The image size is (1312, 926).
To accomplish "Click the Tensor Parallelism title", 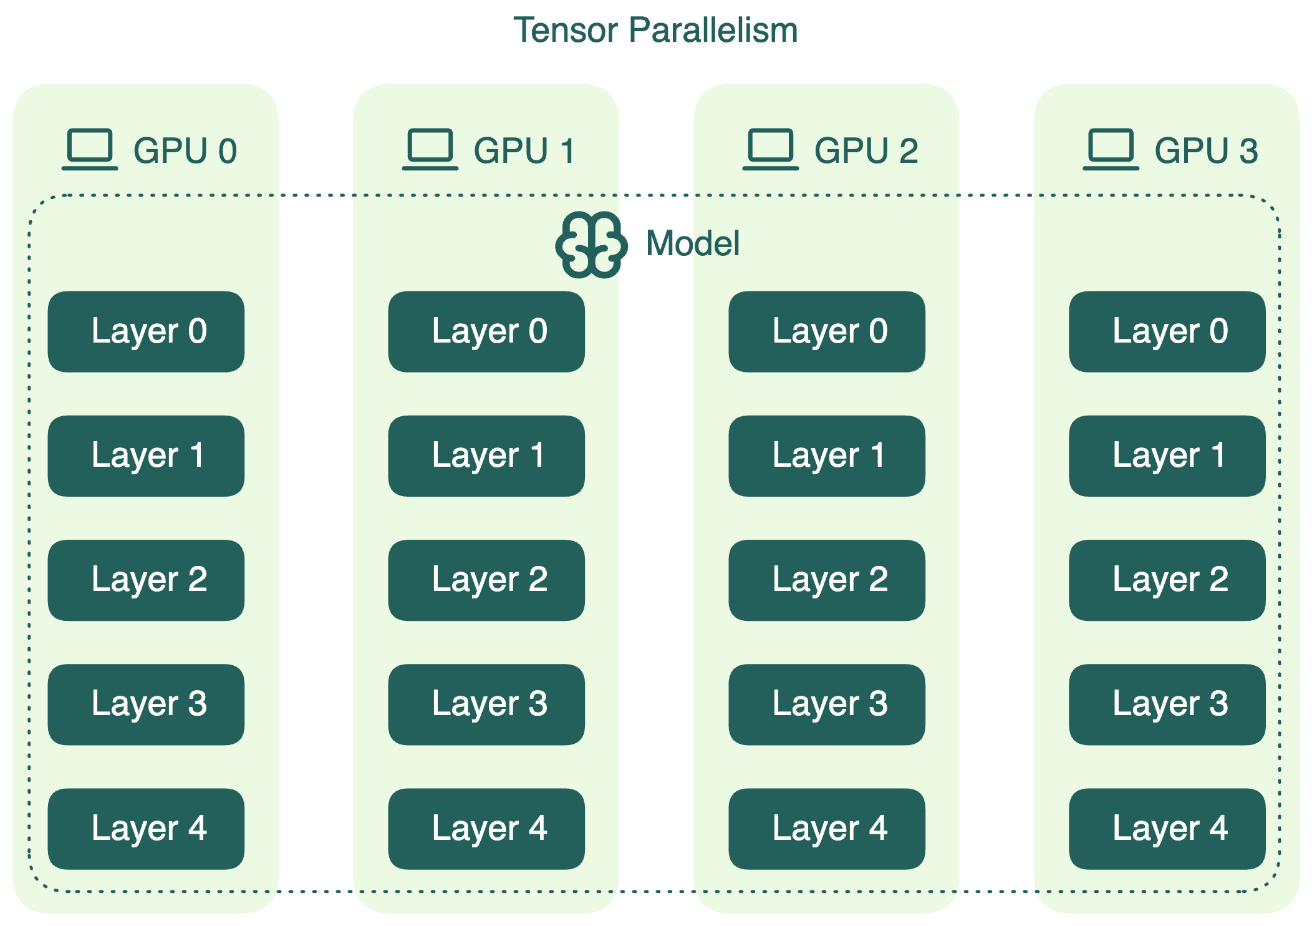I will pos(655,30).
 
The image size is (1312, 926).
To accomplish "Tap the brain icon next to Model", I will pos(591,245).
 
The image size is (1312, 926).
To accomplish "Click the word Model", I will pos(693,243).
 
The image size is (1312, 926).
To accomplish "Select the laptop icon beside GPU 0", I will pos(90,149).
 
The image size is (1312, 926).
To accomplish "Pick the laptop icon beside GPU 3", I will pos(1111,149).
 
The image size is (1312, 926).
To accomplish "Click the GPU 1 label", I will pos(524,151).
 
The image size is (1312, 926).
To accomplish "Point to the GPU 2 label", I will pos(866,151).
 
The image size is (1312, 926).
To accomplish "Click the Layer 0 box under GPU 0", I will pos(146,331).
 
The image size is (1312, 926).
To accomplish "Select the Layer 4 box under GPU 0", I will pos(146,829).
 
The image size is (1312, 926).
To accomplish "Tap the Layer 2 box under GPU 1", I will pos(486,580).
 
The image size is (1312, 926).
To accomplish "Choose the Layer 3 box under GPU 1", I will pos(486,704).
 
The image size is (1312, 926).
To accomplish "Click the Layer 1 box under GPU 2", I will pos(827,456).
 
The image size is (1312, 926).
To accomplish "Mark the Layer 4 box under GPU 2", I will pos(827,829).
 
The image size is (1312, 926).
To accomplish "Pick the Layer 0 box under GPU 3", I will pos(1167,331).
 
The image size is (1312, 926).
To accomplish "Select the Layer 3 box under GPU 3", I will pos(1167,704).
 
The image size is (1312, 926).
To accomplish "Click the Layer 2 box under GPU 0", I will pos(146,580).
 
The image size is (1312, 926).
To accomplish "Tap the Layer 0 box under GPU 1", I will pos(486,331).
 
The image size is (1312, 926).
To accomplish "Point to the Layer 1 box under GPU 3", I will pos(1167,456).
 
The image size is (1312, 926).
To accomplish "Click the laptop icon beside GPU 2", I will pos(770,149).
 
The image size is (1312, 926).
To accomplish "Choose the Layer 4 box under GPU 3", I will pos(1167,829).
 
